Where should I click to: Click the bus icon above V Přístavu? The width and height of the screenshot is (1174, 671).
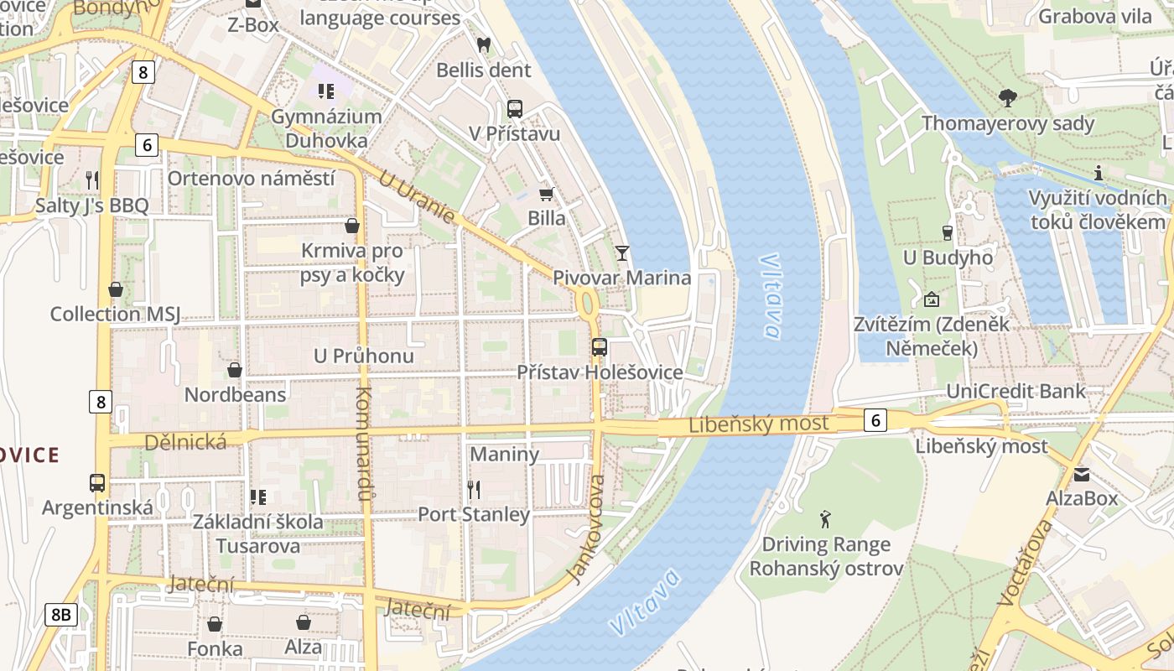(x=514, y=109)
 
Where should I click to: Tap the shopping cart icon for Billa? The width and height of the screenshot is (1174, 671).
(x=546, y=194)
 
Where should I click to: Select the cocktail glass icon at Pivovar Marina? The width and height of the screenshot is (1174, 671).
(x=621, y=252)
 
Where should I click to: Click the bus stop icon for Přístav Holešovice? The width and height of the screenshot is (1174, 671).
(x=599, y=347)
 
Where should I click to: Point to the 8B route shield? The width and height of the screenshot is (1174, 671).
(x=61, y=615)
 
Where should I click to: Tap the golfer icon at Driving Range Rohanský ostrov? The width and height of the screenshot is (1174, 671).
(x=826, y=519)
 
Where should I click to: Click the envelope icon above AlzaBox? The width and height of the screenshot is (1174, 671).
(x=1081, y=474)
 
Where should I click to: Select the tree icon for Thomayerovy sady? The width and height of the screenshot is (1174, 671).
(x=1007, y=98)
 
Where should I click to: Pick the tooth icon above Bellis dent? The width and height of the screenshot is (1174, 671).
(x=483, y=44)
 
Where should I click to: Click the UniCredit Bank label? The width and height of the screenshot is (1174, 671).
(x=1016, y=391)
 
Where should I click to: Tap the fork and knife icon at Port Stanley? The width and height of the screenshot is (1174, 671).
(x=474, y=490)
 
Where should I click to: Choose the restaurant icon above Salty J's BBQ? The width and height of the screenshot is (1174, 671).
(x=92, y=179)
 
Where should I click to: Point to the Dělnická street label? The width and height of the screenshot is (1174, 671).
(x=185, y=442)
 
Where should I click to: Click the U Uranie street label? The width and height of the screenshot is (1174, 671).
(x=417, y=197)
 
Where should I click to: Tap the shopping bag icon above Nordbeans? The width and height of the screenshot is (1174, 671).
(x=235, y=370)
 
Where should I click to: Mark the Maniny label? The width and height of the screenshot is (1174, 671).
(x=504, y=454)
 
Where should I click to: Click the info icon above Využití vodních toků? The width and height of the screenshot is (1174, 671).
(x=1098, y=173)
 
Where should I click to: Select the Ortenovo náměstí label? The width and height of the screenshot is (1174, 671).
(x=251, y=178)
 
